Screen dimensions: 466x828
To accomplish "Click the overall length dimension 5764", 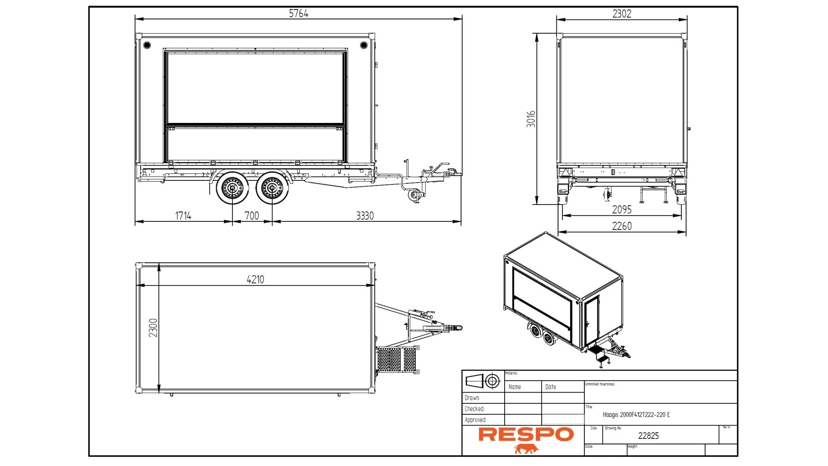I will (x=298, y=13).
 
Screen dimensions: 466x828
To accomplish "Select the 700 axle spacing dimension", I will (x=252, y=216).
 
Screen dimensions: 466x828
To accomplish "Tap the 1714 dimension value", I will (x=183, y=216).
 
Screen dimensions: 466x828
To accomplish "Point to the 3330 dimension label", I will (x=365, y=216).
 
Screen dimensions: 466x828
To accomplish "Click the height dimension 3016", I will (x=531, y=119).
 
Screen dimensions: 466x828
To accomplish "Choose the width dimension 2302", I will (x=621, y=14).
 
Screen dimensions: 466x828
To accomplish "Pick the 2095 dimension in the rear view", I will (x=621, y=210).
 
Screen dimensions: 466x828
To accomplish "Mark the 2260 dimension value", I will (x=621, y=226).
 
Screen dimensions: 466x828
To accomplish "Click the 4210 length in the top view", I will (x=255, y=280).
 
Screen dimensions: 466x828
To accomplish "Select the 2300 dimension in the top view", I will (x=153, y=328).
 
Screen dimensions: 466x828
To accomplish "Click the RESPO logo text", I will (x=526, y=435).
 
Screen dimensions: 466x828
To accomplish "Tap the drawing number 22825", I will (x=648, y=436).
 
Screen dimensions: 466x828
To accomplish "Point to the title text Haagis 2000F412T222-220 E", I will (x=636, y=415).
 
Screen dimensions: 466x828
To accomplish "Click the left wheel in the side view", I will (x=233, y=188).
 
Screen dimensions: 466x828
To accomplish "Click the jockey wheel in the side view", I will (x=414, y=195).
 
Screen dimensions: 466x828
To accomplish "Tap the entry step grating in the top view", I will (x=396, y=359).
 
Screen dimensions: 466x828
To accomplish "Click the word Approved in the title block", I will (x=475, y=420).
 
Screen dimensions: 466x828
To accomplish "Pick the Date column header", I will (x=551, y=387).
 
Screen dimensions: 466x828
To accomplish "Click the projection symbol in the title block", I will (x=483, y=381).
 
